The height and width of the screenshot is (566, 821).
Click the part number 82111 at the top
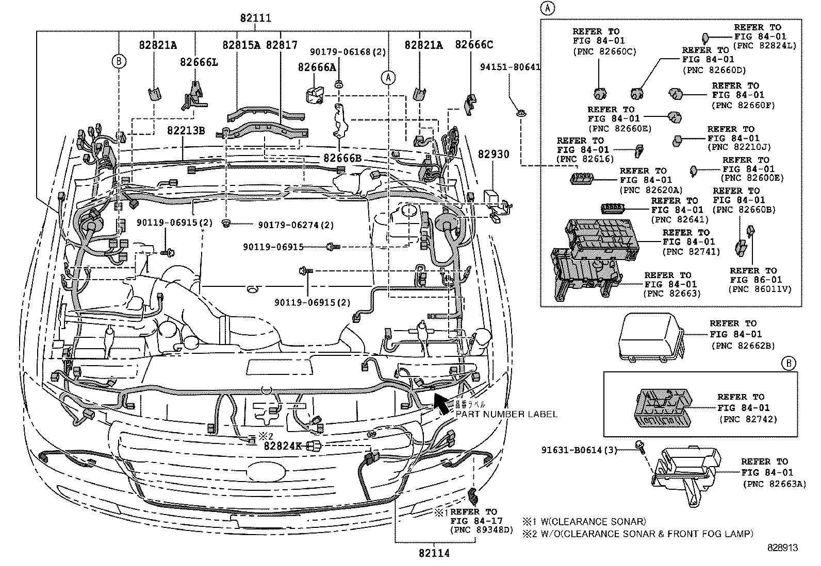tap(255, 19)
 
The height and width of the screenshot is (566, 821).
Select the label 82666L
tap(199, 62)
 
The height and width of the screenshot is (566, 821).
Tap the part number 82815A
tap(241, 45)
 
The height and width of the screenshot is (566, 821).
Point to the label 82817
tap(282, 45)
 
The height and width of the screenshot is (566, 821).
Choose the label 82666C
tap(473, 45)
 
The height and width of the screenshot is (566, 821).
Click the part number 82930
tap(493, 154)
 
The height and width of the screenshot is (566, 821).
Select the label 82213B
tap(186, 130)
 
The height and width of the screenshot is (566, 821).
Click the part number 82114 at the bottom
tap(434, 553)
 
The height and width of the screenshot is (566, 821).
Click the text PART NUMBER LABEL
tap(506, 414)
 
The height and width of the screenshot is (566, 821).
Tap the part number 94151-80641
tap(510, 66)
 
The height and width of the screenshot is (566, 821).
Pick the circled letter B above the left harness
tap(119, 61)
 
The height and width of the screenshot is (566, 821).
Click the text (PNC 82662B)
tap(743, 346)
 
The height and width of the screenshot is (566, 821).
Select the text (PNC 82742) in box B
tap(748, 419)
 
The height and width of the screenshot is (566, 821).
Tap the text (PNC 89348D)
tap(482, 529)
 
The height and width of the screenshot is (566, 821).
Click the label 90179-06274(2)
tap(296, 225)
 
